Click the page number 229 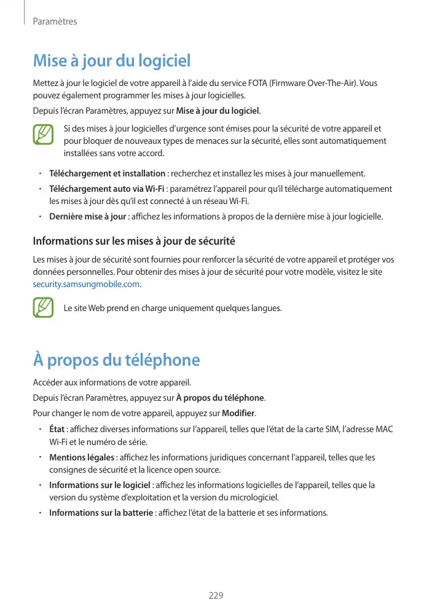pyautogui.click(x=216, y=596)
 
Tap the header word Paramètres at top pyautogui.click(x=55, y=22)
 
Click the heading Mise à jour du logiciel pyautogui.click(x=112, y=61)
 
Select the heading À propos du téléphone pyautogui.click(x=116, y=360)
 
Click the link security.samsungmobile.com pyautogui.click(x=86, y=285)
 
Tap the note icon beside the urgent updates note pyautogui.click(x=43, y=135)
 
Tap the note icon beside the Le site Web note pyautogui.click(x=43, y=307)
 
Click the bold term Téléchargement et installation pyautogui.click(x=107, y=173)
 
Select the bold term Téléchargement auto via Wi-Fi pyautogui.click(x=106, y=189)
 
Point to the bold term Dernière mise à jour pyautogui.click(x=88, y=216)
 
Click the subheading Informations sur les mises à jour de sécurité pyautogui.click(x=134, y=240)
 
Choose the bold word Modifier pyautogui.click(x=238, y=412)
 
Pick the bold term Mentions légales pyautogui.click(x=82, y=458)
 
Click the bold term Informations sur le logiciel pyautogui.click(x=100, y=486)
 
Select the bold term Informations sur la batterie pyautogui.click(x=101, y=513)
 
